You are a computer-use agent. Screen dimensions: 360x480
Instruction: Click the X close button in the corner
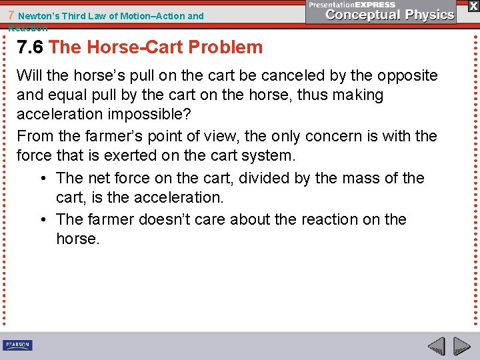[x=473, y=5]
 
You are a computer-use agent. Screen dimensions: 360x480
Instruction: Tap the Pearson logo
[x=17, y=345]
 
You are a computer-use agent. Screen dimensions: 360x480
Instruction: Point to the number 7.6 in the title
[x=31, y=47]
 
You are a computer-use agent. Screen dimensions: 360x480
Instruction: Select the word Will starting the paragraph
[x=30, y=75]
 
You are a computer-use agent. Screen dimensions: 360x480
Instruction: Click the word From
[x=35, y=136]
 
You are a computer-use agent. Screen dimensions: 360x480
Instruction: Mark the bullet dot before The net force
[x=43, y=179]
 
